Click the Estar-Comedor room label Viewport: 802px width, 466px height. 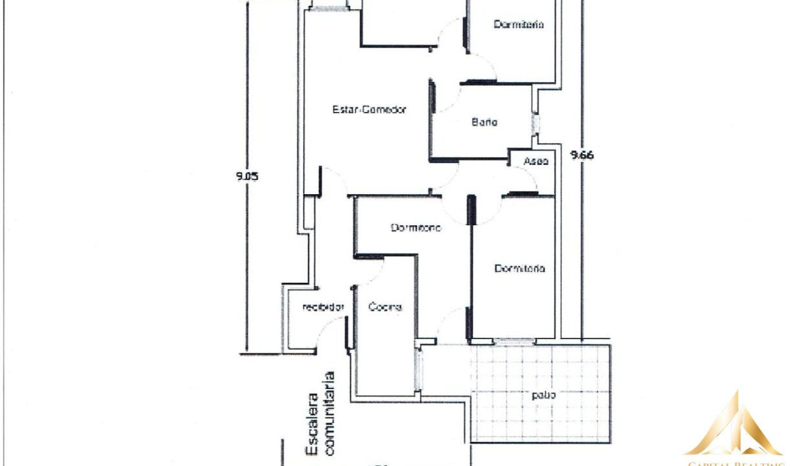(369, 110)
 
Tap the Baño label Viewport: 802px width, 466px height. (484, 122)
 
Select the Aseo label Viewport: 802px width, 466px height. (536, 161)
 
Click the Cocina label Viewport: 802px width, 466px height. (385, 307)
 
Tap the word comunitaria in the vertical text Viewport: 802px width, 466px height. (330, 414)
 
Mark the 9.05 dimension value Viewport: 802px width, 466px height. (247, 175)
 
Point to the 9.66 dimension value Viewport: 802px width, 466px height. (581, 155)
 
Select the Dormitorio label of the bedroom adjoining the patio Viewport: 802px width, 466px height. (519, 268)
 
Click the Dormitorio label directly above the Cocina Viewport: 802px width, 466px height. (416, 228)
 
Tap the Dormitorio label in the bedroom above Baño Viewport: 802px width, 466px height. (519, 25)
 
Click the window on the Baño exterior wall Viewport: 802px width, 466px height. (536, 123)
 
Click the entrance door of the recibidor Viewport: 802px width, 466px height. (347, 333)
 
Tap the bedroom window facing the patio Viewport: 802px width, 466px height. (515, 340)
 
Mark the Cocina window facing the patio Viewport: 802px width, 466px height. (418, 369)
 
